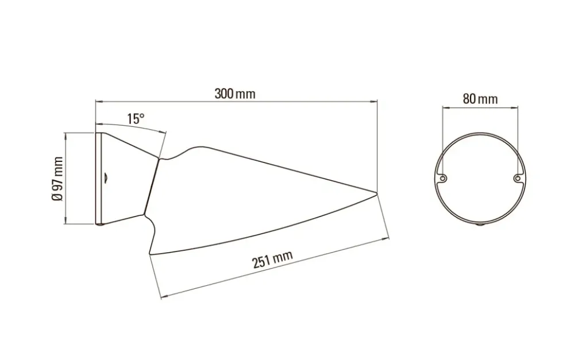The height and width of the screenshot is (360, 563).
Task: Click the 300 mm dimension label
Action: [x=235, y=94]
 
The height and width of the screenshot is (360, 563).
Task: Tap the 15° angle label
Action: [x=136, y=118]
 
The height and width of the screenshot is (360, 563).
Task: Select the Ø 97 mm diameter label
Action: [x=57, y=179]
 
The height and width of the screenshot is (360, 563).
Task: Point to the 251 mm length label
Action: [x=273, y=259]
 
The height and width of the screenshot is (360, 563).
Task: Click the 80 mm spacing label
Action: [x=480, y=99]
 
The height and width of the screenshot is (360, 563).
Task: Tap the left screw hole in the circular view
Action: [x=444, y=178]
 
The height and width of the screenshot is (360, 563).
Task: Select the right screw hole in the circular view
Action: [x=518, y=178]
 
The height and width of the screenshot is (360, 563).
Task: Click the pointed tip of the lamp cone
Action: [x=377, y=193]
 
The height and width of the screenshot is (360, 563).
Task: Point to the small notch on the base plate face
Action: [x=106, y=177]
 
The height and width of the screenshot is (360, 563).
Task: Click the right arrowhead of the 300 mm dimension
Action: [x=375, y=102]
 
